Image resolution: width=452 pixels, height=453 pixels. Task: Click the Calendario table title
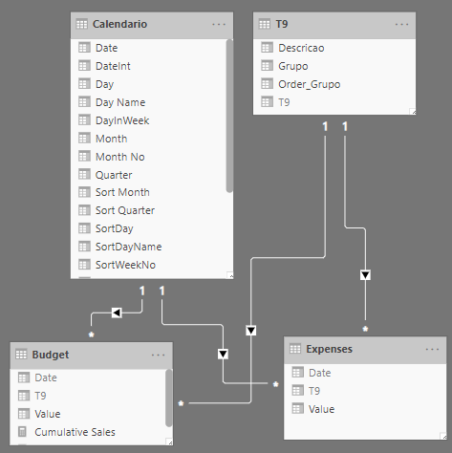point(119,24)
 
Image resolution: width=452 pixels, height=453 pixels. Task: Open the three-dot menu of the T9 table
point(401,25)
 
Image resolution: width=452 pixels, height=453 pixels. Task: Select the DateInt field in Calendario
point(113,66)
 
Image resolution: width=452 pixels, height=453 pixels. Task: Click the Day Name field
point(120,102)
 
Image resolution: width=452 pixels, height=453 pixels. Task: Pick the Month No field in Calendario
point(120,157)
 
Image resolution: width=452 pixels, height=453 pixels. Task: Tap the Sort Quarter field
point(125,210)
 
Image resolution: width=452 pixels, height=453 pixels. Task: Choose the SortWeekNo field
point(125,265)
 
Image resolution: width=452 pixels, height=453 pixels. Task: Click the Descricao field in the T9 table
point(301,48)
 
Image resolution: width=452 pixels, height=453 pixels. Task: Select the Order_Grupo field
point(310,84)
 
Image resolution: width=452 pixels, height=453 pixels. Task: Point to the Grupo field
point(293,66)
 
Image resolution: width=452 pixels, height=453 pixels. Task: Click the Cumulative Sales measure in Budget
point(75,432)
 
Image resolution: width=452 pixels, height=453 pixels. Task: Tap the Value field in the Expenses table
point(321,409)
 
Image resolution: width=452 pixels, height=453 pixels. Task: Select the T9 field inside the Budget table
point(40,396)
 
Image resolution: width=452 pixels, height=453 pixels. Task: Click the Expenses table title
point(330,349)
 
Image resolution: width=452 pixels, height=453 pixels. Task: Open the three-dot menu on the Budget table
point(159,355)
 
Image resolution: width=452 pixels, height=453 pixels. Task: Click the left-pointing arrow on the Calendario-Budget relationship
point(117,313)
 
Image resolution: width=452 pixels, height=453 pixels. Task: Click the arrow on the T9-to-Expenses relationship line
point(365,275)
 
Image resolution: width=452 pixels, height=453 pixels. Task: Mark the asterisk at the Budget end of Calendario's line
point(92,334)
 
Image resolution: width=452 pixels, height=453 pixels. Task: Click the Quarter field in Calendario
point(114,175)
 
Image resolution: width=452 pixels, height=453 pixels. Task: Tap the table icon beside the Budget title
point(21,355)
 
